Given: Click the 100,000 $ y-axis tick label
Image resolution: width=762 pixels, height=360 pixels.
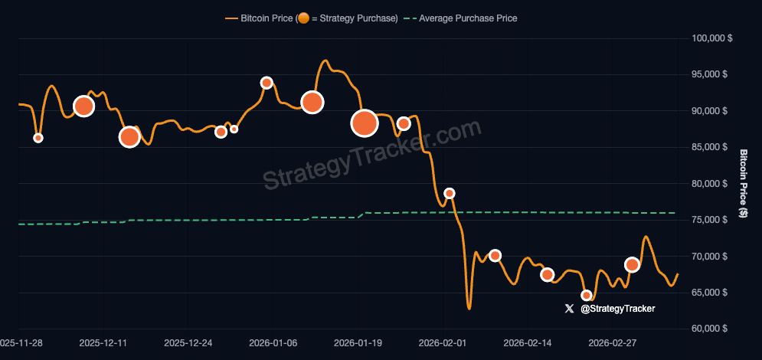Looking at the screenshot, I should pos(711,38).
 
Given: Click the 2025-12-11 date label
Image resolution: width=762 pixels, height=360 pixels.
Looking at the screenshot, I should pos(103,344).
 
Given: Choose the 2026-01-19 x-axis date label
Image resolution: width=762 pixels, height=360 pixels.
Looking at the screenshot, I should pos(358,344).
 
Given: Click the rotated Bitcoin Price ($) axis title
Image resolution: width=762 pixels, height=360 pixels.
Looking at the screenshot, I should pos(742,182).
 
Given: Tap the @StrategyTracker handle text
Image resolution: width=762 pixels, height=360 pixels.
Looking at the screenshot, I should pos(618,309).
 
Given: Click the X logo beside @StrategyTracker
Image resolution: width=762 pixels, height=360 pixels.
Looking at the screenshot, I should pos(569,309).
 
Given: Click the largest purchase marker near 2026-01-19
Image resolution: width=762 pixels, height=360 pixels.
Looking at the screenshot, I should pos(365,123).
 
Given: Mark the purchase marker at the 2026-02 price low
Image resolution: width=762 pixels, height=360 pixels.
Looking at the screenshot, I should pos(587,296).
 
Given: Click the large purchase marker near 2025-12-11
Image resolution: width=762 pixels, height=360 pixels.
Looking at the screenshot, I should pos(83,106).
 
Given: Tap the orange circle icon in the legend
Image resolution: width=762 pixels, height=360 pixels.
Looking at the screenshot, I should pos(303,18).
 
